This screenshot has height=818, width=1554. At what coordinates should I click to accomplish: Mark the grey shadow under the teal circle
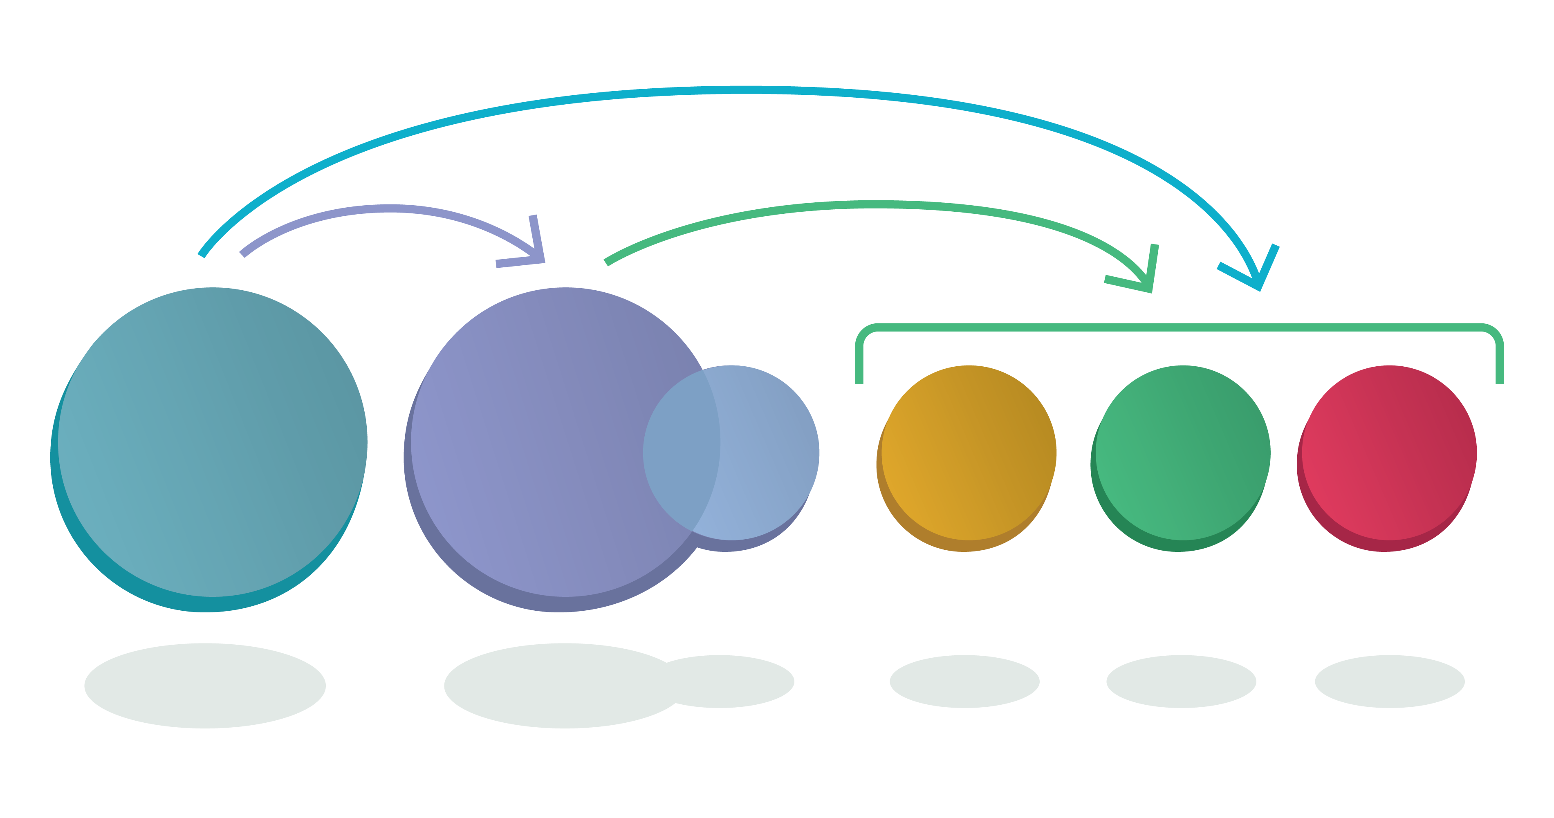(205, 686)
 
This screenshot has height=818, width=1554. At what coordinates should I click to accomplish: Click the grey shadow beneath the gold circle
(964, 682)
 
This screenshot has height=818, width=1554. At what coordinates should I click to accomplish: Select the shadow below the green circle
(1181, 682)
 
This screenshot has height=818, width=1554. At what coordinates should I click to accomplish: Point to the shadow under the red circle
(1389, 682)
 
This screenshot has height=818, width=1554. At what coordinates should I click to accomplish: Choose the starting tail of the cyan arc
(202, 255)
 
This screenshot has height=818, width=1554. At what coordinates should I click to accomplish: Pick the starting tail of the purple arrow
(242, 253)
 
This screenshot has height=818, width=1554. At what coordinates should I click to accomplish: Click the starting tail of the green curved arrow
(606, 262)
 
